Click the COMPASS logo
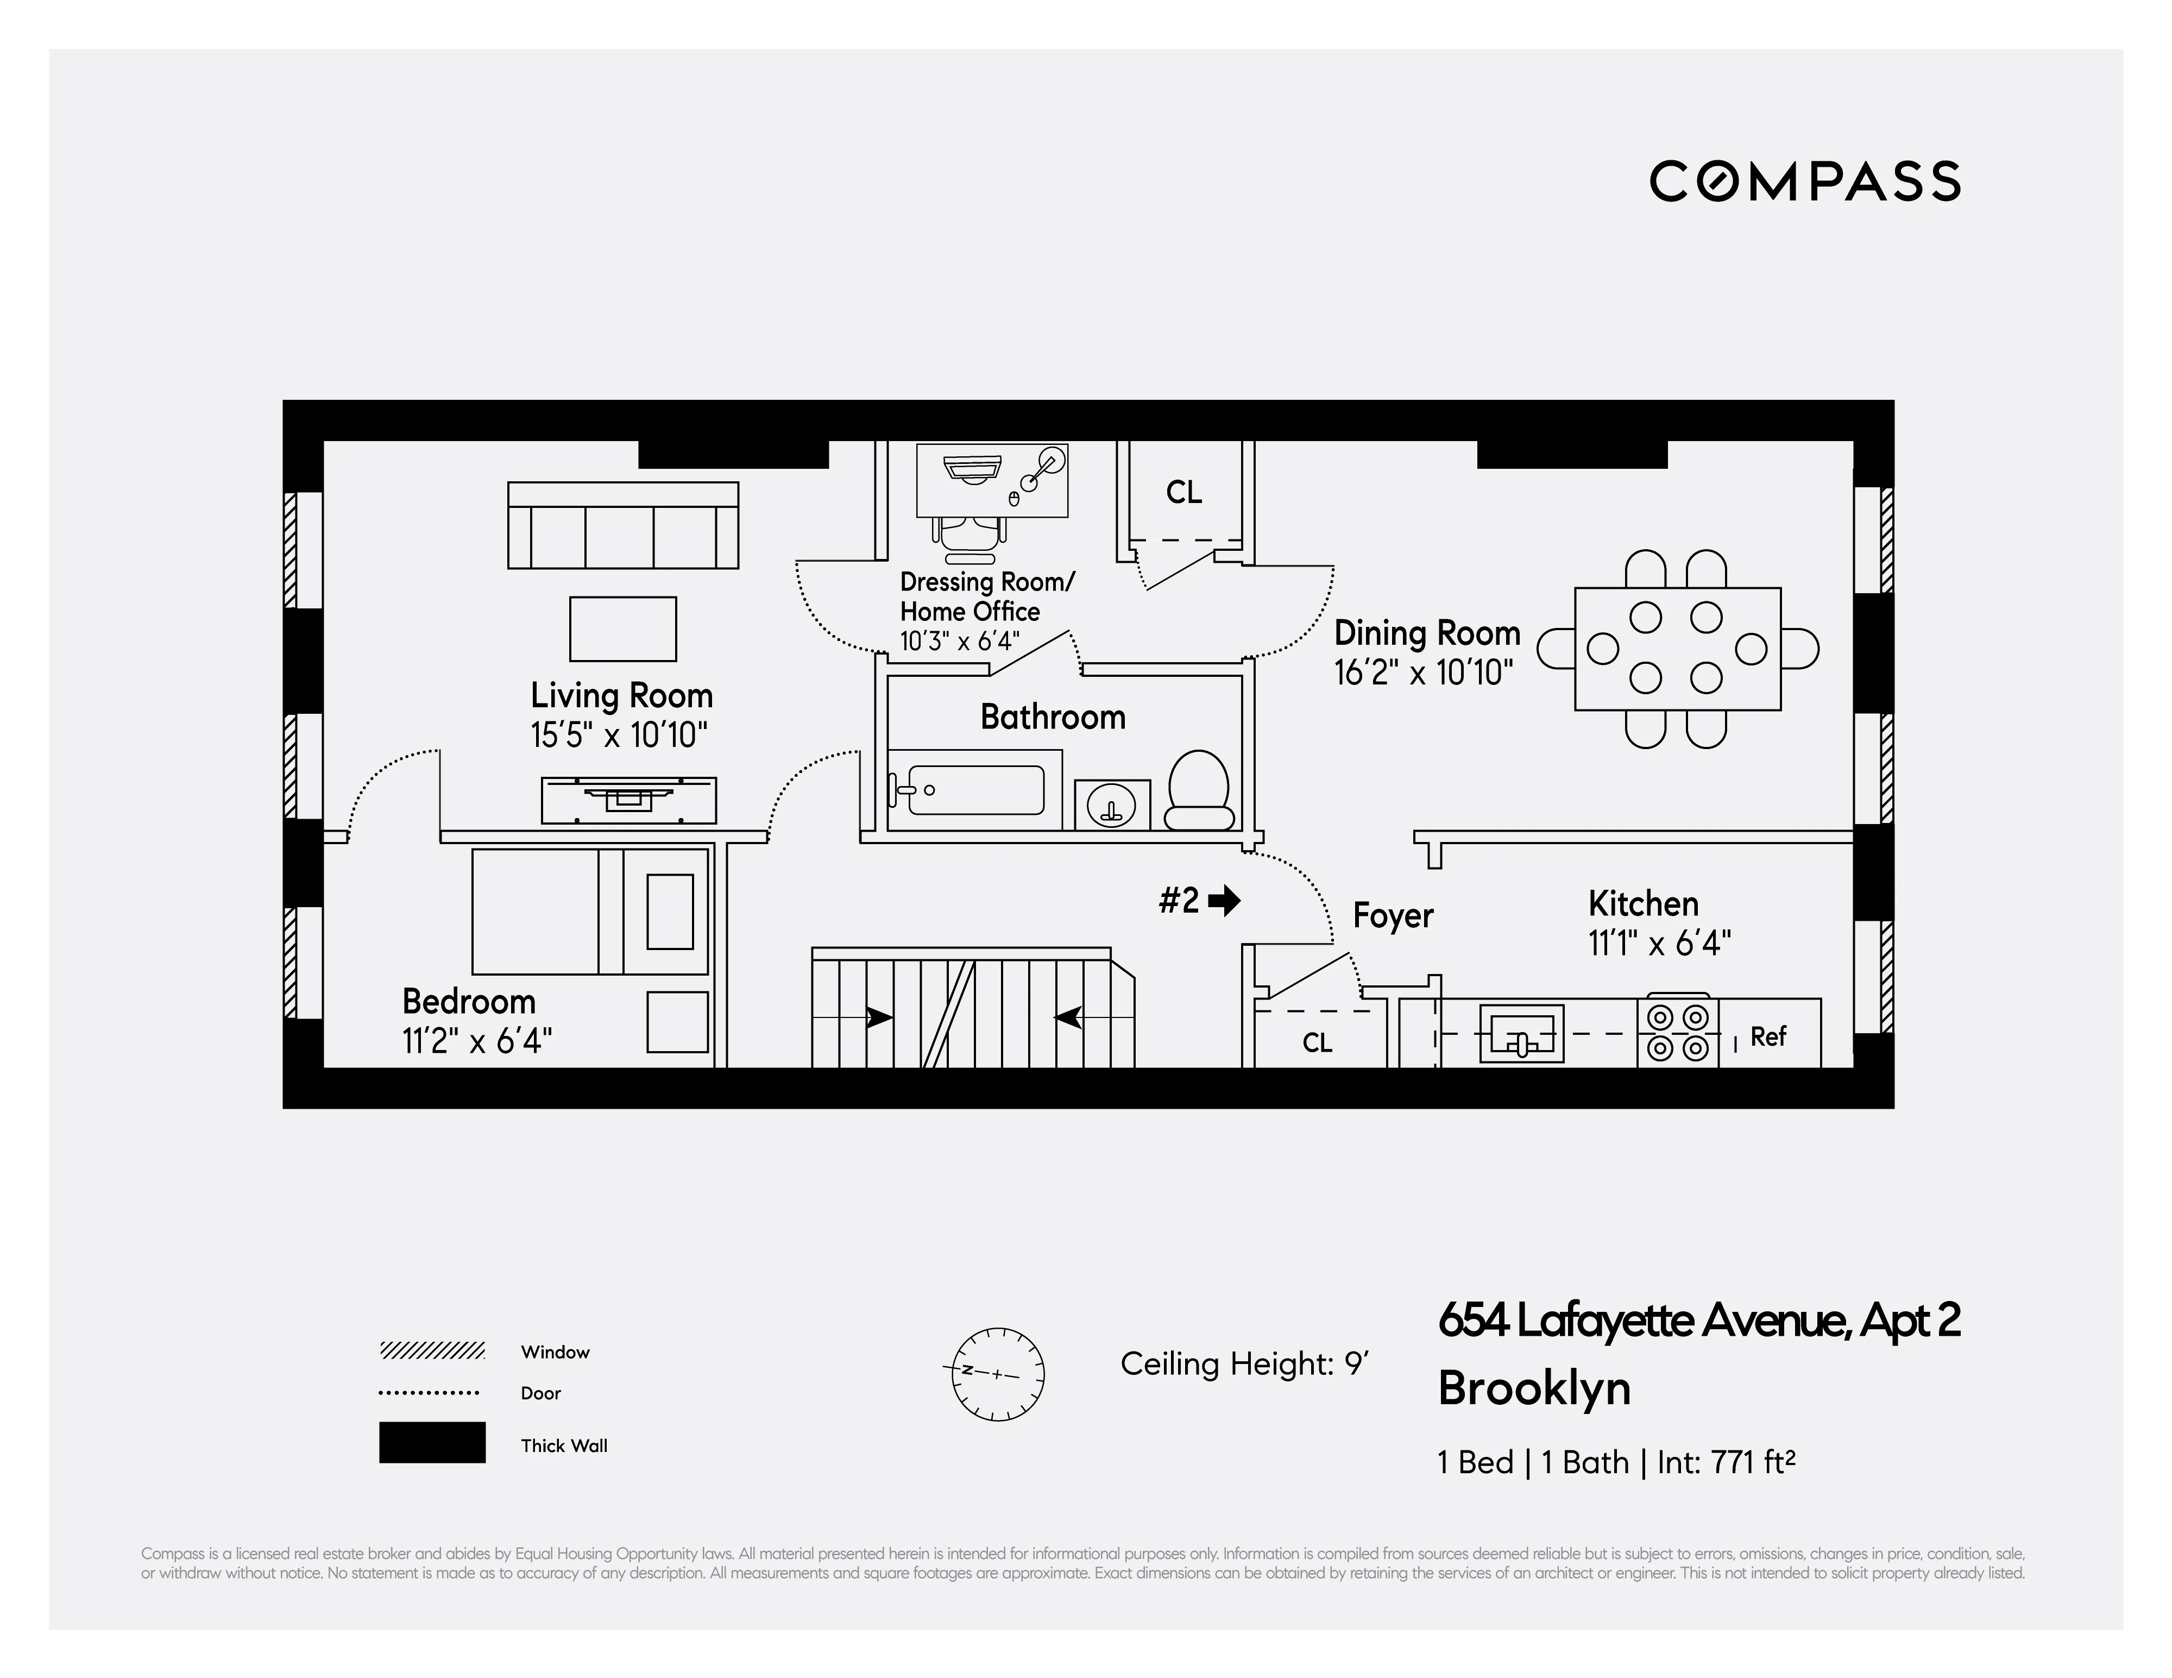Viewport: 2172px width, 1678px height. point(1804,181)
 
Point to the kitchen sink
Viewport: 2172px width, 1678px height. point(1521,1033)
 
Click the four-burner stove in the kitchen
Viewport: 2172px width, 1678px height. point(1678,1033)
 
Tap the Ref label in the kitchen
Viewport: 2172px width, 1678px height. point(1768,1036)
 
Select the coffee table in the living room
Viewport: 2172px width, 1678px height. point(622,629)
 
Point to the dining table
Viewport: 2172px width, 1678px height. point(1677,649)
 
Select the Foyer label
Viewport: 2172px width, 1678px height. point(1392,915)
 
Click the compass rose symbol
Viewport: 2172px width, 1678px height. point(998,1374)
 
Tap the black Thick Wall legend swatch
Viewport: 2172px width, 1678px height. point(432,1442)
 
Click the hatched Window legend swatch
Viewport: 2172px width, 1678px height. point(432,1351)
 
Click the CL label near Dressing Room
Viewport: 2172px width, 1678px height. point(1183,492)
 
